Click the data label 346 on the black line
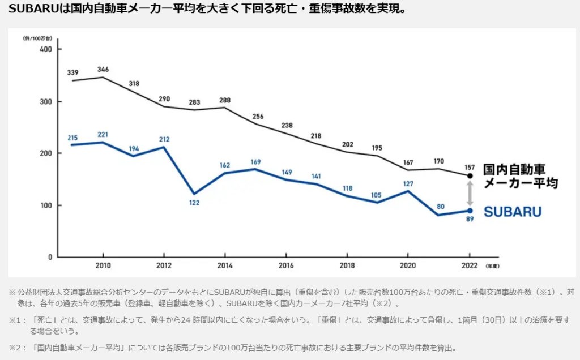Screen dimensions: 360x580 [103, 70]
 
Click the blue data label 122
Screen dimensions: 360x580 [195, 203]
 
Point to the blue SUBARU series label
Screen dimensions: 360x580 [512, 212]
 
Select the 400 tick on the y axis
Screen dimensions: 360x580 [46, 49]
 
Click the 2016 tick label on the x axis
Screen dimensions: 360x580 [286, 265]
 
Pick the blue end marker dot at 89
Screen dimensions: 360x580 [470, 211]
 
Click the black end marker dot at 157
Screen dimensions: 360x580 [470, 175]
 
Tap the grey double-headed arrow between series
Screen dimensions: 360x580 [470, 193]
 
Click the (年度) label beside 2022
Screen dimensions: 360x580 [492, 265]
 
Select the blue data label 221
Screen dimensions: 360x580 [103, 134]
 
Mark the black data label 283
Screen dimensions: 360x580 [195, 102]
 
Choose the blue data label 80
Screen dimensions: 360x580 [440, 206]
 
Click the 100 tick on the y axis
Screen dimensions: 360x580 [46, 205]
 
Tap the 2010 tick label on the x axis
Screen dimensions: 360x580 [103, 265]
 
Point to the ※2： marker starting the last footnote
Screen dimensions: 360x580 [18, 348]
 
